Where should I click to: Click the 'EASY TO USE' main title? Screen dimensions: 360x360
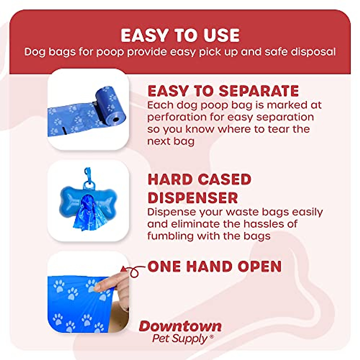tap(180, 36)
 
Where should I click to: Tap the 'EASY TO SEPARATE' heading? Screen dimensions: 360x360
tap(223, 91)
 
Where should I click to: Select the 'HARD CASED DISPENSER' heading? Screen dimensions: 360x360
tap(199, 189)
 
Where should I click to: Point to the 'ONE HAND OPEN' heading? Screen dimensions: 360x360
tap(215, 266)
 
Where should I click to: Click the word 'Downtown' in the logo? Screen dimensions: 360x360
tap(180, 326)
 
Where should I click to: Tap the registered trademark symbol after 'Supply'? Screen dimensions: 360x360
tap(212, 337)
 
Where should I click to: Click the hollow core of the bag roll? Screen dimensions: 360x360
tap(116, 120)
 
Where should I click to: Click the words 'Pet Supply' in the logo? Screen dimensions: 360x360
tap(180, 338)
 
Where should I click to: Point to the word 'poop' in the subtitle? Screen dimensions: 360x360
tap(110, 52)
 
